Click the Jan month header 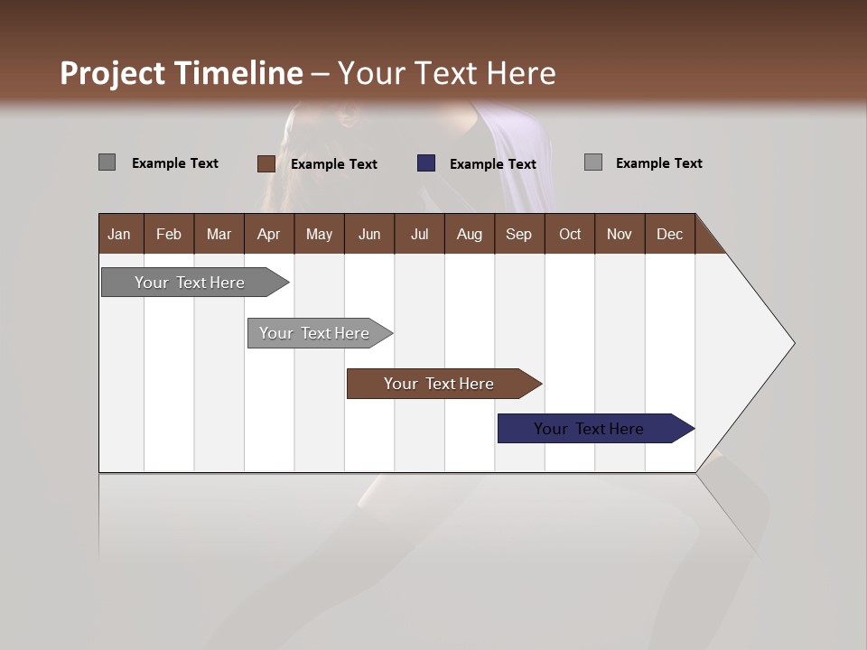tap(119, 234)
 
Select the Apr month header tap(268, 234)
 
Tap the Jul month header tap(419, 234)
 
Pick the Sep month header tap(518, 234)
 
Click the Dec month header tap(669, 234)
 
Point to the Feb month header tap(169, 234)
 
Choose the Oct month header tap(570, 234)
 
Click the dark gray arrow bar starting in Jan tap(190, 283)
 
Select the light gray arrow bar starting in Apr tap(314, 333)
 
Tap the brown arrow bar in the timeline tap(439, 384)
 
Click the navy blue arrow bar tap(589, 429)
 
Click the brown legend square tap(266, 163)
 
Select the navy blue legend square tap(426, 163)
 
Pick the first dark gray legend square tap(107, 162)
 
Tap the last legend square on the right tap(592, 162)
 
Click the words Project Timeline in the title tap(181, 73)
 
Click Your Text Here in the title tap(447, 73)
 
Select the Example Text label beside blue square tap(492, 164)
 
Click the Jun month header tap(369, 234)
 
